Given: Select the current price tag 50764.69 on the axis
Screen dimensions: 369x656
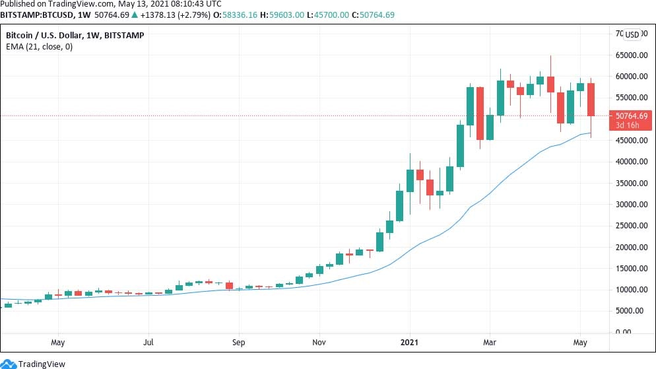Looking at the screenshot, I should pos(632,116).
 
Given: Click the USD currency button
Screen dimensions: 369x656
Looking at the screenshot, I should pos(632,35).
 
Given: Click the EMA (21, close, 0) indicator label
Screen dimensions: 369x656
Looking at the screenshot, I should pos(40,47).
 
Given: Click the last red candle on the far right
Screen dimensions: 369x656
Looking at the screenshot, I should pos(591,99).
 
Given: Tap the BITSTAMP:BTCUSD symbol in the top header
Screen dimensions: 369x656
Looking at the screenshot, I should pos(38,15).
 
